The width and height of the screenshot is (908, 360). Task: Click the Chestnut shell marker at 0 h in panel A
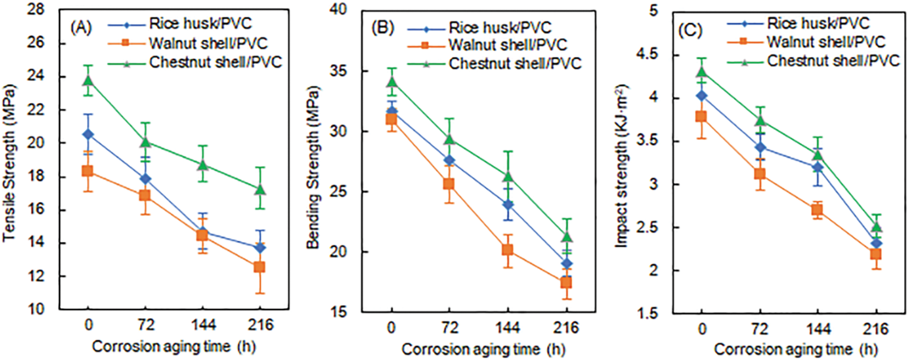[88, 80]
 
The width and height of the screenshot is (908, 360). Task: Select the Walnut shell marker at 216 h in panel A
[259, 267]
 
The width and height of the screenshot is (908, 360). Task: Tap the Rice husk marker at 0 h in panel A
[88, 134]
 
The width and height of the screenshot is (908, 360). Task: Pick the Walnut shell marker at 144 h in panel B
[507, 250]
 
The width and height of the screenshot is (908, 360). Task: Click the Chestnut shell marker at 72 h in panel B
[450, 139]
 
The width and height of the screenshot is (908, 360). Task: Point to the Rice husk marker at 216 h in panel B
[566, 264]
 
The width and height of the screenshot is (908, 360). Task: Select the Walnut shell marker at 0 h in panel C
[701, 117]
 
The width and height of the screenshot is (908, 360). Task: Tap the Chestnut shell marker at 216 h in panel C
[877, 227]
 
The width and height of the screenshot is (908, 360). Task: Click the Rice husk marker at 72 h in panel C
[761, 148]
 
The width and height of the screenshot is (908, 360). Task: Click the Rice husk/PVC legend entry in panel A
[200, 24]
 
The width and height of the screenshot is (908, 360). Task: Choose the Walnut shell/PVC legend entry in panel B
[507, 45]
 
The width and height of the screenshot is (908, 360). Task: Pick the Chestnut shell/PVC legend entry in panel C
[833, 61]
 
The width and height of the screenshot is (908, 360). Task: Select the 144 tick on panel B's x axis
[507, 328]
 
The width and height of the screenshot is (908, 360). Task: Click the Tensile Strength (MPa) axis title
[9, 163]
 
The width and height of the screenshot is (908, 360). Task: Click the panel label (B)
[384, 28]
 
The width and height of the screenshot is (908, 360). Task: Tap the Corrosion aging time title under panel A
[173, 347]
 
